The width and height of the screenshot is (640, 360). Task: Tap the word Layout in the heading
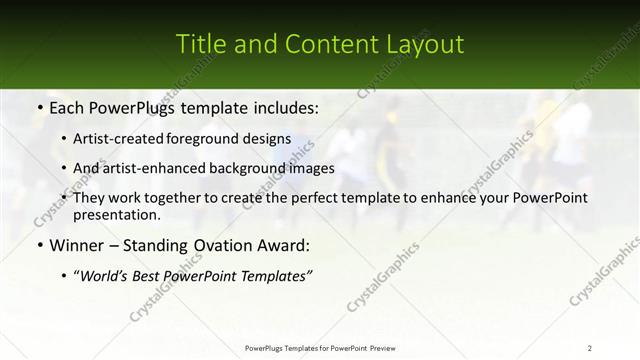point(425,45)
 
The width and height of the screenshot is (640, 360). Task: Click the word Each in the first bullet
point(66,105)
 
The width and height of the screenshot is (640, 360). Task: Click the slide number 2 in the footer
point(590,347)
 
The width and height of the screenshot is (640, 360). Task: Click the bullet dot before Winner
point(39,245)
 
